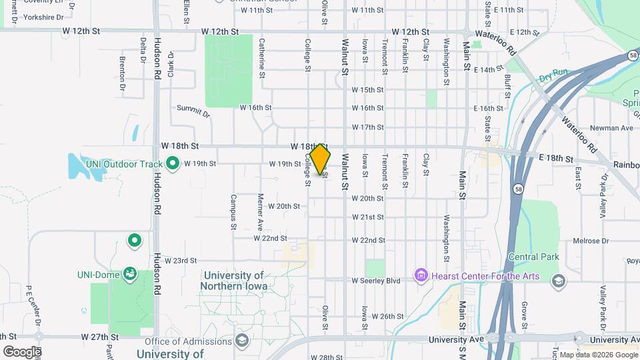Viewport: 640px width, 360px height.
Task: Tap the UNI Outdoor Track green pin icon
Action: pyautogui.click(x=173, y=163)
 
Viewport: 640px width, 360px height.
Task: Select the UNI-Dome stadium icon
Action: pyautogui.click(x=130, y=273)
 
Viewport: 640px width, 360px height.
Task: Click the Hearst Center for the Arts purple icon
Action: pyautogui.click(x=420, y=275)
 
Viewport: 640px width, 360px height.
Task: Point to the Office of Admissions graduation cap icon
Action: pyautogui.click(x=241, y=341)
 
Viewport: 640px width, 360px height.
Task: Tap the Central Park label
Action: pyautogui.click(x=533, y=257)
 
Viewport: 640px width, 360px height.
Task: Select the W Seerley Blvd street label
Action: pyautogui.click(x=376, y=281)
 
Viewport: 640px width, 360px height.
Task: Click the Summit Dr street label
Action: pyautogui.click(x=193, y=111)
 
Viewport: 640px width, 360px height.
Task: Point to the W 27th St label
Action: pyautogui.click(x=99, y=337)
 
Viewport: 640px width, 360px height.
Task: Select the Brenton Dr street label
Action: pyautogui.click(x=123, y=73)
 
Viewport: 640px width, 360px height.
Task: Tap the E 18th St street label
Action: pyautogui.click(x=556, y=159)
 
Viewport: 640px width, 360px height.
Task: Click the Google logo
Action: pyautogui.click(x=22, y=351)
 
